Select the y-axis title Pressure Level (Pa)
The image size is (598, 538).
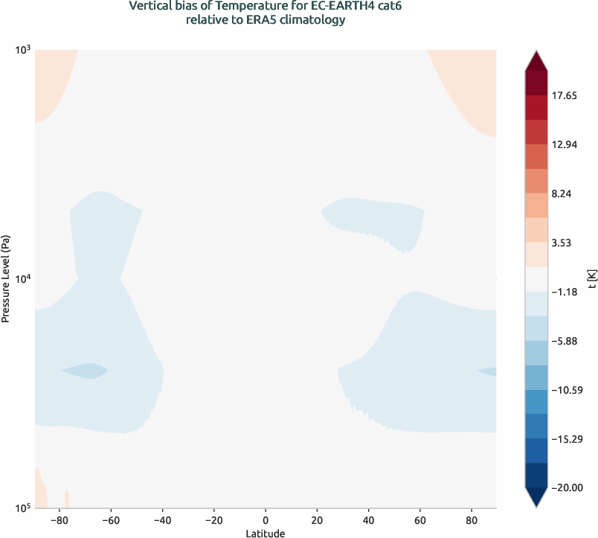click(x=6, y=278)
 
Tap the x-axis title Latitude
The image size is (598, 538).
click(x=266, y=533)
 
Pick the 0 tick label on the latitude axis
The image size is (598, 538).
click(x=266, y=519)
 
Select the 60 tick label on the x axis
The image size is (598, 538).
click(x=419, y=519)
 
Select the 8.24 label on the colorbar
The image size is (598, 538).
click(x=564, y=193)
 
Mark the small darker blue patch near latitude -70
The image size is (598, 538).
click(x=85, y=369)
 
